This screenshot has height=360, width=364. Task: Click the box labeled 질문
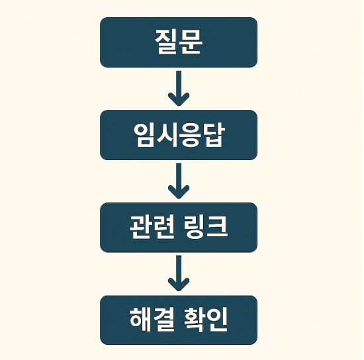click(x=178, y=42)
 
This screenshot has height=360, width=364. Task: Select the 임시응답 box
click(x=178, y=135)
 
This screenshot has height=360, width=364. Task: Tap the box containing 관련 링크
click(x=178, y=227)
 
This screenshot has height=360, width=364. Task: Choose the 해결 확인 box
click(x=178, y=320)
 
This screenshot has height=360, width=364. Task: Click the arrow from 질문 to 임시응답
click(x=178, y=87)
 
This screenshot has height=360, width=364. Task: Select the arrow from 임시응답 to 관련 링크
click(x=178, y=180)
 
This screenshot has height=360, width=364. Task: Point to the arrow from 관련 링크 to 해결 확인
click(x=178, y=273)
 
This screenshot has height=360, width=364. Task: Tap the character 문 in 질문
click(x=191, y=42)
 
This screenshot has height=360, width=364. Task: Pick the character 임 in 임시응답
click(x=142, y=135)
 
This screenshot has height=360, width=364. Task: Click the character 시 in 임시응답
click(x=166, y=135)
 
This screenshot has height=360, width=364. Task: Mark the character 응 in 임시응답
click(x=190, y=135)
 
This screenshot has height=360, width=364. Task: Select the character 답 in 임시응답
click(x=214, y=135)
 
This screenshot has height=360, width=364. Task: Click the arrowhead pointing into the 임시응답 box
click(x=178, y=100)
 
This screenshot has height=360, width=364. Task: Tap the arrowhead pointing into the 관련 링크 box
click(x=178, y=193)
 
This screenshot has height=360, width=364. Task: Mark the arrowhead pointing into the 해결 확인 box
click(x=178, y=285)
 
